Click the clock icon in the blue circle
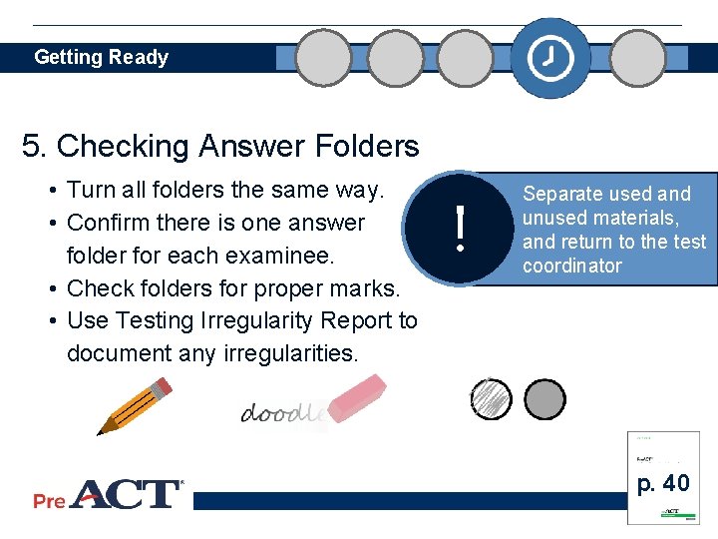[550, 59]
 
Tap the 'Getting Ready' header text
[101, 57]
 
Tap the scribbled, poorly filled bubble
[490, 399]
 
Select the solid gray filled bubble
[544, 399]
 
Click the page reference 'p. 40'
[663, 483]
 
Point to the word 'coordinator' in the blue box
[571, 267]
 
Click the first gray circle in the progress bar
[324, 58]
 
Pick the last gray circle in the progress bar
[637, 58]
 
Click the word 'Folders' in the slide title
[358, 147]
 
